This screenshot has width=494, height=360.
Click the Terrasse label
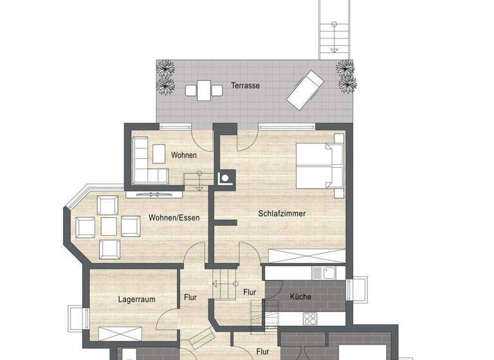246,85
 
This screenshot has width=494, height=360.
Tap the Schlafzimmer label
282,213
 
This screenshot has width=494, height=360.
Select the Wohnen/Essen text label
174,218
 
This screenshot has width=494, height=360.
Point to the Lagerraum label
136,300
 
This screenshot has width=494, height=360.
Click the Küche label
300,297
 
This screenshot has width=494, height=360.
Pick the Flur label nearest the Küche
250,292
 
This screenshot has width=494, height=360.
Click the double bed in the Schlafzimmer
319,165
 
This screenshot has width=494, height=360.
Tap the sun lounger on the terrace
306,90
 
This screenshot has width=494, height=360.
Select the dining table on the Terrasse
203,89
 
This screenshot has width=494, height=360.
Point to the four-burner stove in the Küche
310,318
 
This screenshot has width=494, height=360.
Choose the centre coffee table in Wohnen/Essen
109,226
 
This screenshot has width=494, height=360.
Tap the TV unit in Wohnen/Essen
154,193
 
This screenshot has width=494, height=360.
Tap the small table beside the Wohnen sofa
159,152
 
